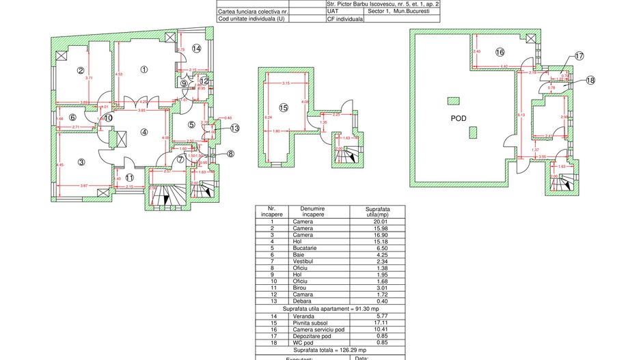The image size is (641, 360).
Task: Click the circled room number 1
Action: [x=144, y=69]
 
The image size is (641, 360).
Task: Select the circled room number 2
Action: [x=80, y=70]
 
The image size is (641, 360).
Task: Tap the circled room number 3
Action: [x=81, y=162]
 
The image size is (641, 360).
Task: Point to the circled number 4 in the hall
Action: [x=144, y=132]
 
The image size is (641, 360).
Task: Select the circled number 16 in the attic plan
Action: [x=500, y=52]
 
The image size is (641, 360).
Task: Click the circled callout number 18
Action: [x=590, y=80]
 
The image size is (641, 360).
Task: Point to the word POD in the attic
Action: [x=459, y=118]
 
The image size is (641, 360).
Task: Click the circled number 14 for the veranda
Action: [x=196, y=49]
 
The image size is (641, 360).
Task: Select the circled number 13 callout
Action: [x=234, y=128]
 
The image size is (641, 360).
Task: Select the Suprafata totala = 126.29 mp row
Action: [x=330, y=349]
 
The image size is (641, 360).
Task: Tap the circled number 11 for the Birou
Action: [x=130, y=178]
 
